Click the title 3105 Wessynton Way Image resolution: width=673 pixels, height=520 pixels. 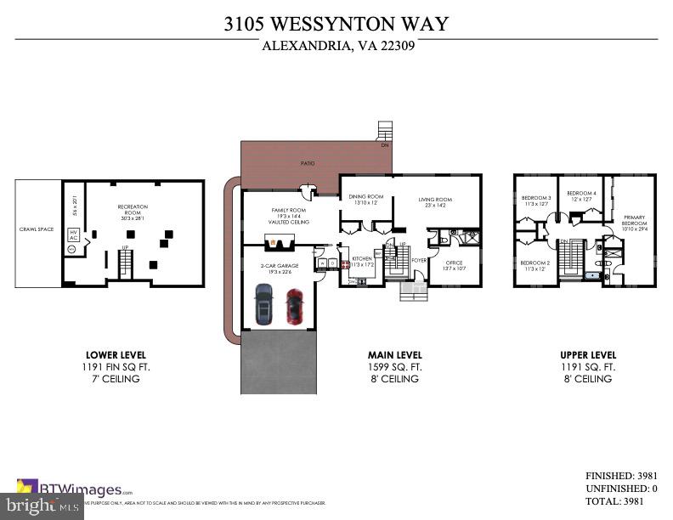pos(336,24)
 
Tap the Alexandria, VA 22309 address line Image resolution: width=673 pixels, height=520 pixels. pos(336,47)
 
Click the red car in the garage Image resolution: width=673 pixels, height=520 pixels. pos(294,306)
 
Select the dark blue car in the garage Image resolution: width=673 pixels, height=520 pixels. pos(263,304)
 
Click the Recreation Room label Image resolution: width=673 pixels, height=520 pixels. pos(133,208)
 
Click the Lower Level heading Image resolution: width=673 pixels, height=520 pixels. pos(116,355)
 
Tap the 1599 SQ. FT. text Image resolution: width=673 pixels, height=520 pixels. pos(393,367)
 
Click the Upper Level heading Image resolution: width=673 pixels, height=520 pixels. pos(588,355)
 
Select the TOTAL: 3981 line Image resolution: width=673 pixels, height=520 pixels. pos(621,501)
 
